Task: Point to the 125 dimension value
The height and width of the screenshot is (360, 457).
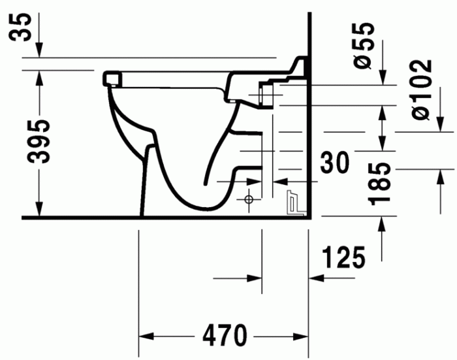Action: [x=343, y=259]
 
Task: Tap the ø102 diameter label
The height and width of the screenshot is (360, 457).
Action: [x=420, y=89]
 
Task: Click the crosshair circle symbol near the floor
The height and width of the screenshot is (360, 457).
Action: [x=248, y=199]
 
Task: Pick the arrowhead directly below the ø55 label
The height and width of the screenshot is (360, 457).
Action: [x=383, y=78]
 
